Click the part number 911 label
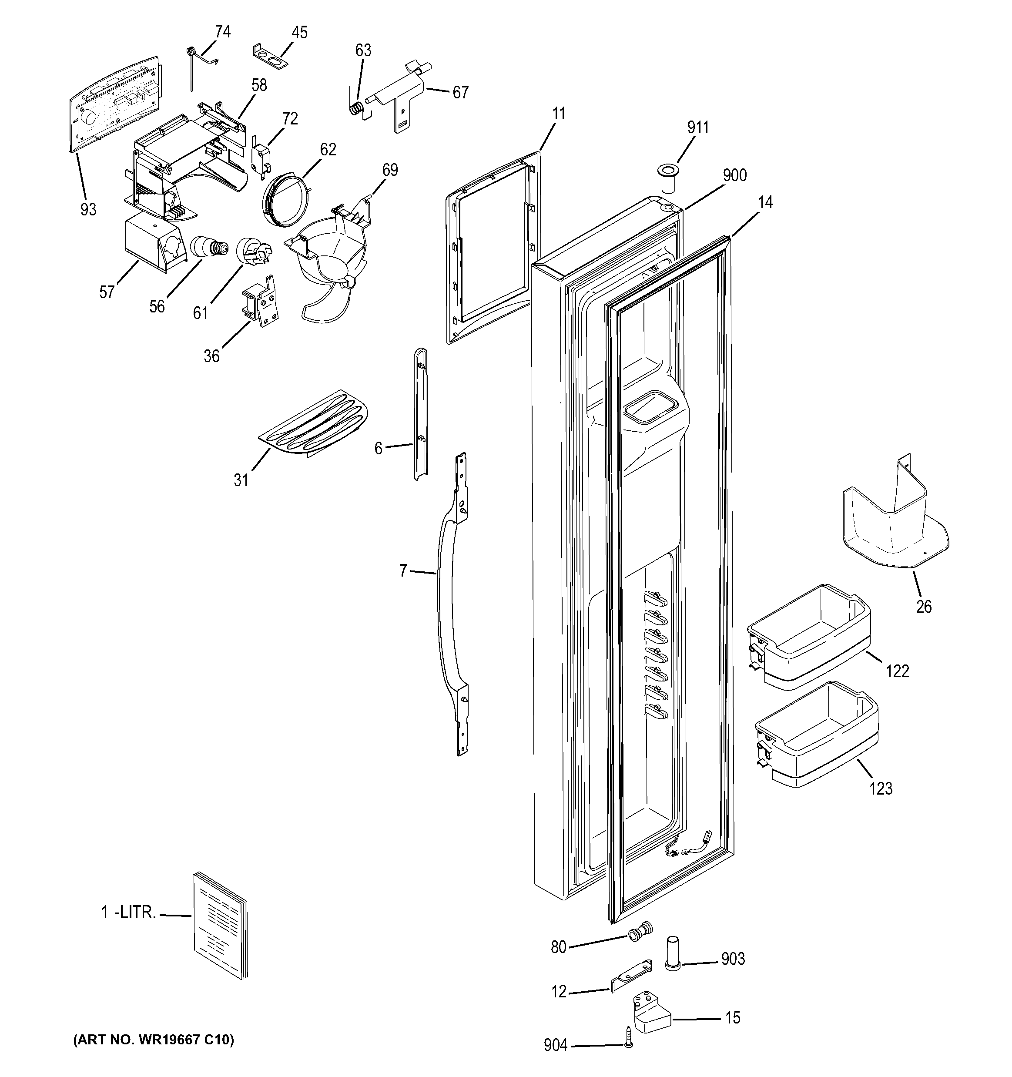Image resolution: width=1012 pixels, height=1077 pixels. pos(698,127)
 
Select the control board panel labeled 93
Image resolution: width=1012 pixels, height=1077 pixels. pos(117,103)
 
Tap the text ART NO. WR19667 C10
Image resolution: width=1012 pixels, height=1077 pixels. pos(153,1040)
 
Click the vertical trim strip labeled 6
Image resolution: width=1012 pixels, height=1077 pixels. pos(420,414)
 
